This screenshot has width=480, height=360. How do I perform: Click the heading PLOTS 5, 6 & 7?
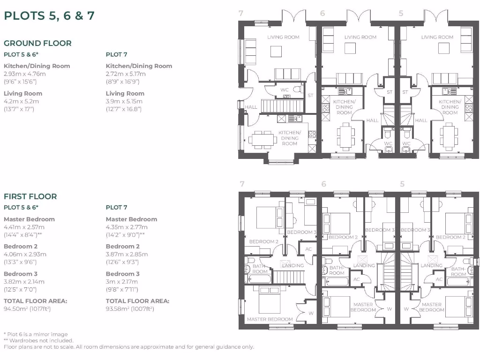(x=49, y=16)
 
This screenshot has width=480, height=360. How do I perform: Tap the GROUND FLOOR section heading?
(x=37, y=43)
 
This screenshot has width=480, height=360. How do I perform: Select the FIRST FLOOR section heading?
(x=30, y=196)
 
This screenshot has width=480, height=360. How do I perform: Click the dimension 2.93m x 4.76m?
(x=25, y=74)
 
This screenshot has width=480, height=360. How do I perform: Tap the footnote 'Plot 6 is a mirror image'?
(x=37, y=334)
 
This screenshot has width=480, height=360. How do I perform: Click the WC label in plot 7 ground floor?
(x=284, y=90)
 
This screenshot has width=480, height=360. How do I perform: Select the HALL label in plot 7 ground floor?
(x=251, y=107)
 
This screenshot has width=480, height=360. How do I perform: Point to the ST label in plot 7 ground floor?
(x=310, y=96)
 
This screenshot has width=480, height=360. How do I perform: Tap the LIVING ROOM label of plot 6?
(x=360, y=37)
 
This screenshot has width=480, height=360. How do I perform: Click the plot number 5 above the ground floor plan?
(x=401, y=14)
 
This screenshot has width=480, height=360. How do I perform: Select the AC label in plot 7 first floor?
(x=308, y=249)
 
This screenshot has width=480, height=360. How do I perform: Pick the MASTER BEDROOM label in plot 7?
(x=270, y=319)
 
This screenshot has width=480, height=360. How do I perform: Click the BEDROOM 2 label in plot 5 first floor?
(x=450, y=237)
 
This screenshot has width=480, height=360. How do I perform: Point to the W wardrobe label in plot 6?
(x=389, y=309)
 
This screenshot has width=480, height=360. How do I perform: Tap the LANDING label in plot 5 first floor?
(x=431, y=265)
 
